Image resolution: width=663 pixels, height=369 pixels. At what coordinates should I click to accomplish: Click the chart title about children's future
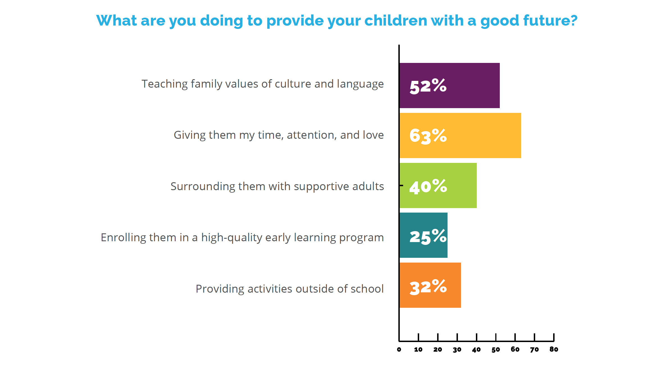pos(337,21)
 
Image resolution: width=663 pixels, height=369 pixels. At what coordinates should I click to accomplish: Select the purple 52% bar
pos(449,85)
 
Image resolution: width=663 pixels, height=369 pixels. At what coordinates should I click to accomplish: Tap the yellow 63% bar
pos(460,135)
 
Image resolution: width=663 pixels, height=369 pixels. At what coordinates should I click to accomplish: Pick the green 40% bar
pos(438,185)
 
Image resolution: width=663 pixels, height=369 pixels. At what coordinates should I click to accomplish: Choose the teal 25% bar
pos(423,235)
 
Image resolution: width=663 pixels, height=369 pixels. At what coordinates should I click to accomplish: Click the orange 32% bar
pos(430,285)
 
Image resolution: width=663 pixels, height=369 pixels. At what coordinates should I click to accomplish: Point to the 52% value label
pos(428,86)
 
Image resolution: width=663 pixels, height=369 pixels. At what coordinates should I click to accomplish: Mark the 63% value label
pos(428,136)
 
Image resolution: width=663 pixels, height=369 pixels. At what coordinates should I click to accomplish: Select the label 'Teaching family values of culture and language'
pos(262,84)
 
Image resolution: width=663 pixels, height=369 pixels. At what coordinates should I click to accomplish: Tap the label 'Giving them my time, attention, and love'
pos(279,135)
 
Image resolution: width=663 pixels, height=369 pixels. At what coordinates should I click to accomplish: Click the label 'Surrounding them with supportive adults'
pos(277,186)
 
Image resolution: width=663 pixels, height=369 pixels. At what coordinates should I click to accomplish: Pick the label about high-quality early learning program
pos(242,238)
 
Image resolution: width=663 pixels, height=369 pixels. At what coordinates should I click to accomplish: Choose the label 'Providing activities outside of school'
pos(290,289)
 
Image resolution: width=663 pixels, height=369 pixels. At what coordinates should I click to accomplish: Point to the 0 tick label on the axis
pos(399,350)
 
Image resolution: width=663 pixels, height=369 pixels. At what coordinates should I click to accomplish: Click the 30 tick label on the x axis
pos(457,350)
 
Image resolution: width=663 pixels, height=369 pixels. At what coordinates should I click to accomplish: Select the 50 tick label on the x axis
pos(496,350)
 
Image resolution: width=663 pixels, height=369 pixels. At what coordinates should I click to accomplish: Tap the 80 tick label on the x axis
pos(554,349)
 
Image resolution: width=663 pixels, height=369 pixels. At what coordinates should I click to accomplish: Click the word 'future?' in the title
pos(550,20)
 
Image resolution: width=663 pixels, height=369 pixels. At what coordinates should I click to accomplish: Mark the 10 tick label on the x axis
pos(418,350)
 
